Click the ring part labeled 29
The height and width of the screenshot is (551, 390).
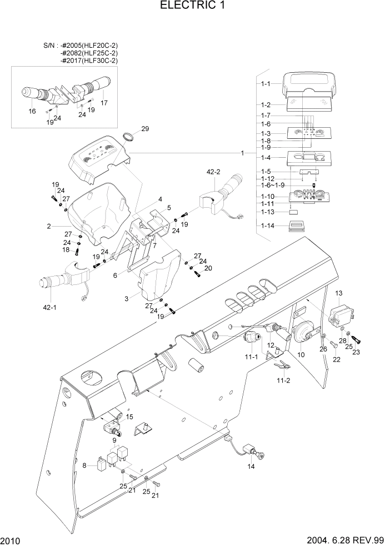tap(129, 138)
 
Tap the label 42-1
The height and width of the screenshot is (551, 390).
tap(49, 307)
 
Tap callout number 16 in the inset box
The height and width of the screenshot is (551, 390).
tap(32, 111)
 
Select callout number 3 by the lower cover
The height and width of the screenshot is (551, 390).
tap(127, 299)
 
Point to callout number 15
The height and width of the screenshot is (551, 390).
tap(129, 417)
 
